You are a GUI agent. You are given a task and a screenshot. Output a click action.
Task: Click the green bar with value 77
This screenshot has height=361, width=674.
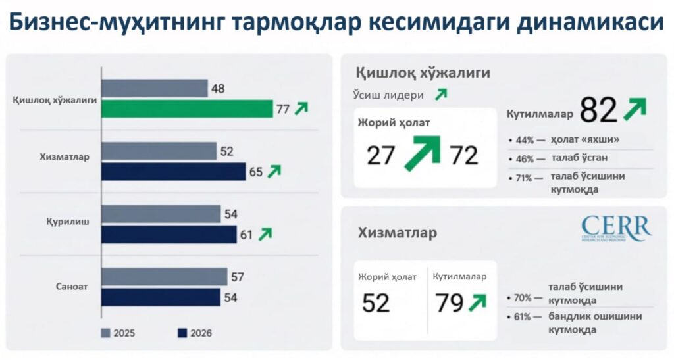187,109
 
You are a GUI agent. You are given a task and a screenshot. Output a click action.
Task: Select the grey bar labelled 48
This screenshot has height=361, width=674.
155,88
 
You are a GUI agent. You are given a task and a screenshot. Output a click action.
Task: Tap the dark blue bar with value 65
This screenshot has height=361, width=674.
174,172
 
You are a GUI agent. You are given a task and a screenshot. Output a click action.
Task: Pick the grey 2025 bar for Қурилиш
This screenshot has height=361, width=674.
161,214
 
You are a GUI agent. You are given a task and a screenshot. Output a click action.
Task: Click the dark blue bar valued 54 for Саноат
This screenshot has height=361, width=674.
161,297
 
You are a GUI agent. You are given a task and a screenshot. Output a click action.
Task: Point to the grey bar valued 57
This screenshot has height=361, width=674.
165,277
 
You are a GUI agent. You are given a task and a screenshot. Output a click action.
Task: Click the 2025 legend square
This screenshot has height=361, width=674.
105,333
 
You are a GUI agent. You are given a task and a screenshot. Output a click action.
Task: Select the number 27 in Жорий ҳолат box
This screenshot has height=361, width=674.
381,155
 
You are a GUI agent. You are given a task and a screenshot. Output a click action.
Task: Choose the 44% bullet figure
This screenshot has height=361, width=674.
525,140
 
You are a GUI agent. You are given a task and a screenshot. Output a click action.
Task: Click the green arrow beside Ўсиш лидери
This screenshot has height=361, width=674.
440,94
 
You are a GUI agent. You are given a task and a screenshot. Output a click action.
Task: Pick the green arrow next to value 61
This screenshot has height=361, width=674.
265,233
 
